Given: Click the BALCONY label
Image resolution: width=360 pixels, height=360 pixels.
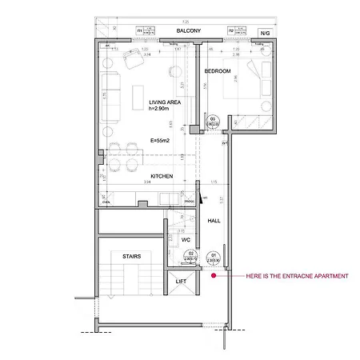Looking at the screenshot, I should [x=188, y=30].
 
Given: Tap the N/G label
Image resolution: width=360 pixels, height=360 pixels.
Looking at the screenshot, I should [x=265, y=32].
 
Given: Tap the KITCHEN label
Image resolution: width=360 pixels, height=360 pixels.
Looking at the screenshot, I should [x=162, y=176].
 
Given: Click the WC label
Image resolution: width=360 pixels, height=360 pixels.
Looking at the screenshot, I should [x=185, y=239].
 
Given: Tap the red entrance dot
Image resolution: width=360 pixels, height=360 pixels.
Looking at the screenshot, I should [x=214, y=276].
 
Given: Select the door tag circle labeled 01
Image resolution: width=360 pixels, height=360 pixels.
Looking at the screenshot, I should [x=214, y=256].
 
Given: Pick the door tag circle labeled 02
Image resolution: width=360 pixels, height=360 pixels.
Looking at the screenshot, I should [x=191, y=256].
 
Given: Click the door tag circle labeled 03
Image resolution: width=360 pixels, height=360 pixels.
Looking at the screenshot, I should [x=214, y=121].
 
